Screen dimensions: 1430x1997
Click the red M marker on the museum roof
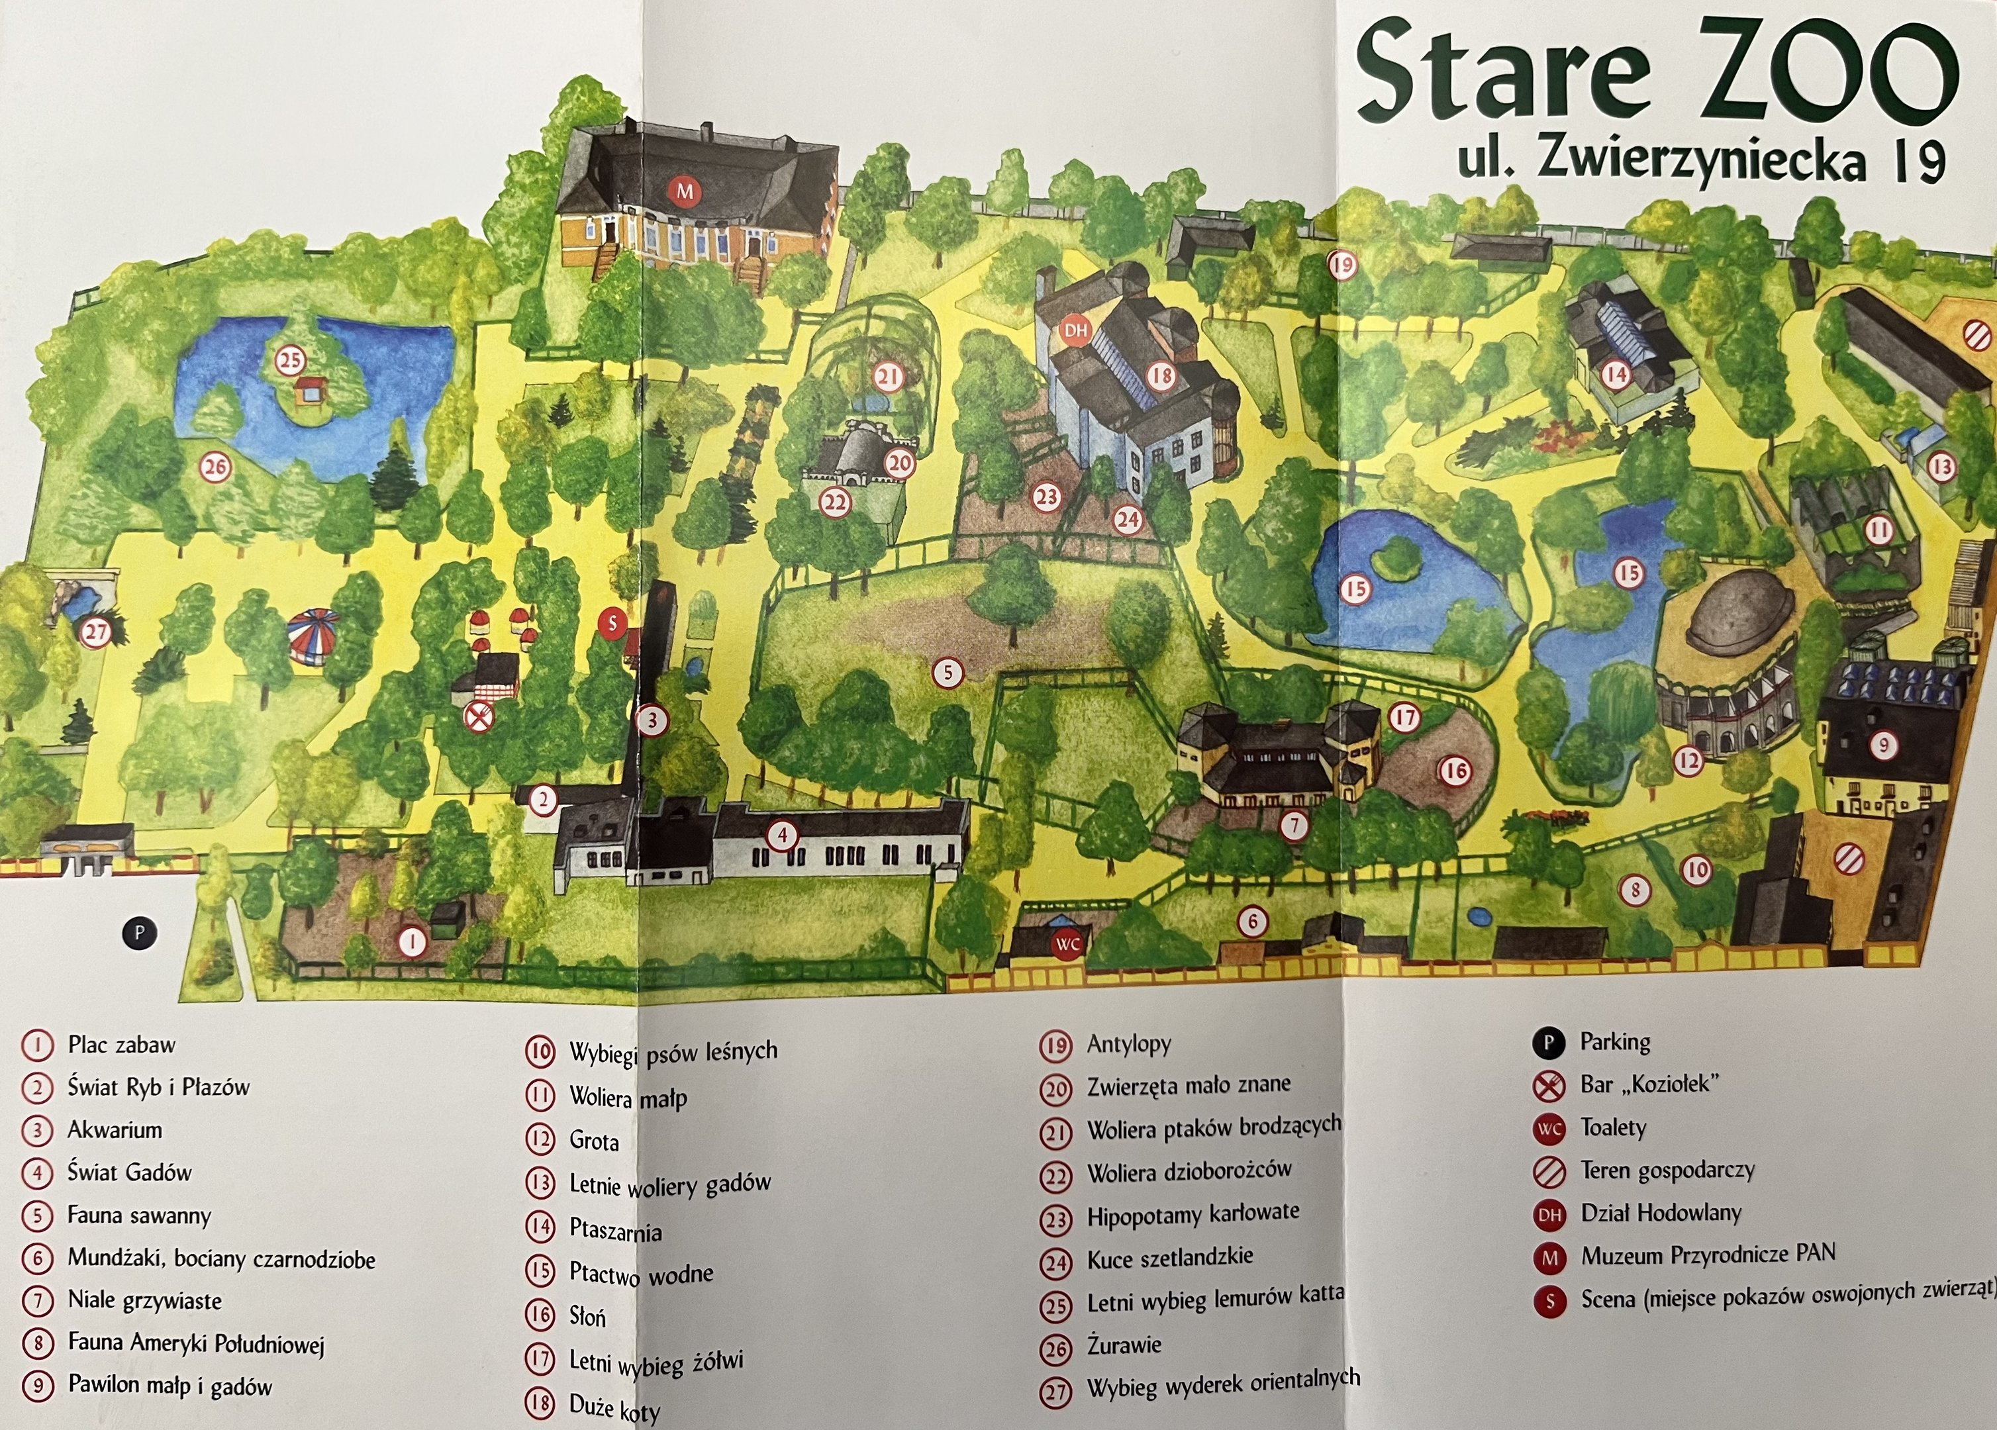coord(684,190)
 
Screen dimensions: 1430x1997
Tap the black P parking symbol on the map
coord(139,933)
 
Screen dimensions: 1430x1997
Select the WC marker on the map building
coord(1067,945)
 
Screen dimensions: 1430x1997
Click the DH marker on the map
coord(1076,330)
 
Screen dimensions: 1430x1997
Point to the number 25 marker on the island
coord(290,360)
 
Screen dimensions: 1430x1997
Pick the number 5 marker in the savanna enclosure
coord(948,673)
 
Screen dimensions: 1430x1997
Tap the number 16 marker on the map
coord(1454,771)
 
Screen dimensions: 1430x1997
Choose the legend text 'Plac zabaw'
coord(122,1045)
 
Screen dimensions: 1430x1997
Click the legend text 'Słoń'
coord(587,1316)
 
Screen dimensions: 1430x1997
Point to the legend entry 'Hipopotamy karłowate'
coord(1193,1215)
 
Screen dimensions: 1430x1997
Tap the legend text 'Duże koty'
coord(614,1406)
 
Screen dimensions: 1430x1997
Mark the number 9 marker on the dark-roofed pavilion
coord(1882,746)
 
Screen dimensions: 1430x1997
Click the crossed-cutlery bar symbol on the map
coord(478,717)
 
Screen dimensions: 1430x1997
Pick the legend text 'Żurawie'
coord(1124,1345)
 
